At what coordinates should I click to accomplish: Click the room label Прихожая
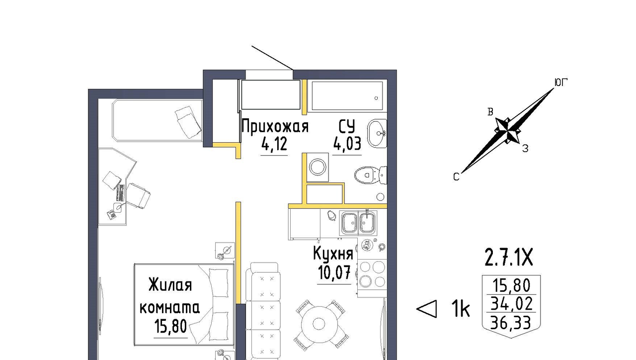click(x=275, y=126)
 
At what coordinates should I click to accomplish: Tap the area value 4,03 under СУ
click(x=347, y=144)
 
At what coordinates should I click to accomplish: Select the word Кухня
click(x=333, y=253)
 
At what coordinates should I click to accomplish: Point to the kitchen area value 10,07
click(x=334, y=272)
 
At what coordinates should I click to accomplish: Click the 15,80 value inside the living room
click(x=170, y=326)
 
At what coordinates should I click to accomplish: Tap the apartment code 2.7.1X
click(x=509, y=258)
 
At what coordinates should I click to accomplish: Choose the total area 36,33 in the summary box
click(x=511, y=323)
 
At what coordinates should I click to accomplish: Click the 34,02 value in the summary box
click(x=511, y=304)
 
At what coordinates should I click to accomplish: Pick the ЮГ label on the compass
click(x=561, y=83)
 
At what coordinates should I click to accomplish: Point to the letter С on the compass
click(x=456, y=177)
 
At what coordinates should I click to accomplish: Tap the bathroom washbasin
click(x=377, y=133)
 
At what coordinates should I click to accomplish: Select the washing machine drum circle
click(x=318, y=167)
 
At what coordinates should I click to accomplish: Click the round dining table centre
click(x=319, y=323)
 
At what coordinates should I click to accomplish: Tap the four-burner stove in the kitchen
click(x=372, y=274)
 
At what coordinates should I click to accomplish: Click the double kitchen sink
click(x=359, y=223)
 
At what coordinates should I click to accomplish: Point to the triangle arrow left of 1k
click(x=426, y=309)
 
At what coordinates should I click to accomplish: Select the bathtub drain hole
click(x=376, y=98)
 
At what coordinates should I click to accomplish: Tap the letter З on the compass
click(x=525, y=149)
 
